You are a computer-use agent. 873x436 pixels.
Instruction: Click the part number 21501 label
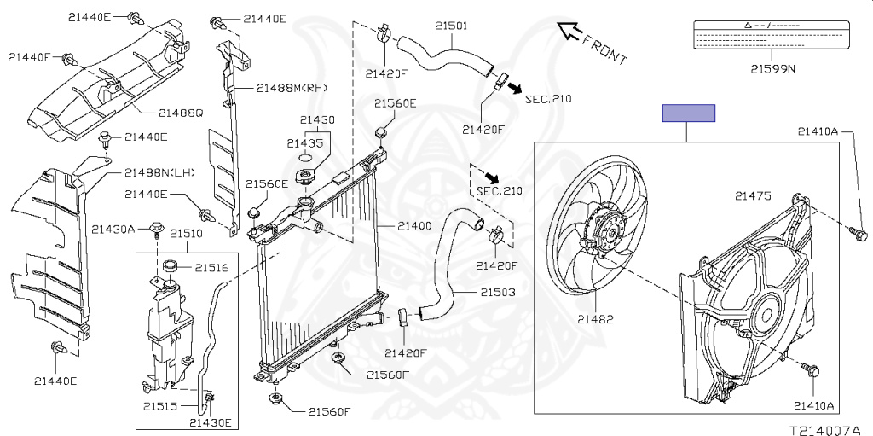451,26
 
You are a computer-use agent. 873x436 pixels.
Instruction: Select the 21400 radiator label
413,226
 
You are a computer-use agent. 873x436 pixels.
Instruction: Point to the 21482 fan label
595,320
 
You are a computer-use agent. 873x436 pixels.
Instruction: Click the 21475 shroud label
753,196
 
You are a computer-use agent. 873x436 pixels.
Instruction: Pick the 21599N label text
772,69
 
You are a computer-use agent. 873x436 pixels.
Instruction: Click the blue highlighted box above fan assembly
689,113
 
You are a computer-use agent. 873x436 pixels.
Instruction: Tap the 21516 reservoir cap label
211,267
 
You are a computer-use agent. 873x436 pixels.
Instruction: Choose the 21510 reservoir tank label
186,233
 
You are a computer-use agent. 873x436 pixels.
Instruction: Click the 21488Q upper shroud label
180,112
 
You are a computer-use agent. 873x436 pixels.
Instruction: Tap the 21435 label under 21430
304,143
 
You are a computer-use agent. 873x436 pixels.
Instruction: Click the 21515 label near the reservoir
160,407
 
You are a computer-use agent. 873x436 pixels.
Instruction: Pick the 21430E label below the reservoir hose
210,421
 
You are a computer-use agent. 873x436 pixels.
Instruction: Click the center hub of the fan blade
607,230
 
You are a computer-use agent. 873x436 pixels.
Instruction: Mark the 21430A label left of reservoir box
113,229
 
